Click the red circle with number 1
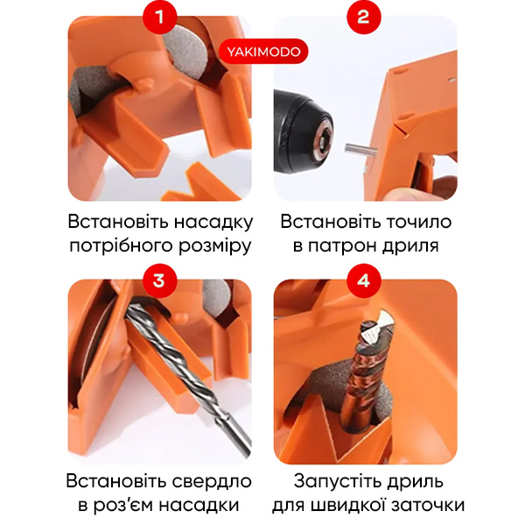pyautogui.click(x=159, y=17)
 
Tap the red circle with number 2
pyautogui.click(x=364, y=17)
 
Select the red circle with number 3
pyautogui.click(x=159, y=280)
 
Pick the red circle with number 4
pyautogui.click(x=364, y=280)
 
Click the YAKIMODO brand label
pyautogui.click(x=263, y=52)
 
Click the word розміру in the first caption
pyautogui.click(x=214, y=246)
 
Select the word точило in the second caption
pyautogui.click(x=419, y=222)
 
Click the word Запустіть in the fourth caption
pyautogui.click(x=338, y=482)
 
